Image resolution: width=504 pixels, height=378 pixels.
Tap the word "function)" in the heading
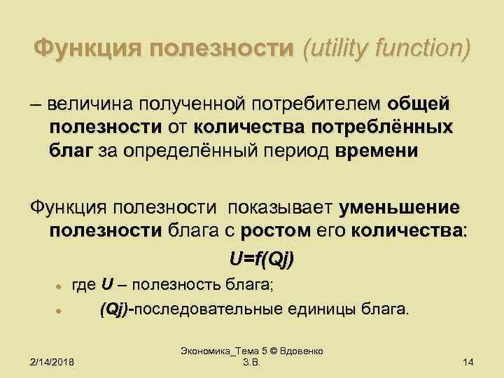(x=428, y=49)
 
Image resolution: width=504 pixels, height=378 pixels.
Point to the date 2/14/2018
(x=54, y=361)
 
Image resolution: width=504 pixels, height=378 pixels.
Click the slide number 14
(x=469, y=361)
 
